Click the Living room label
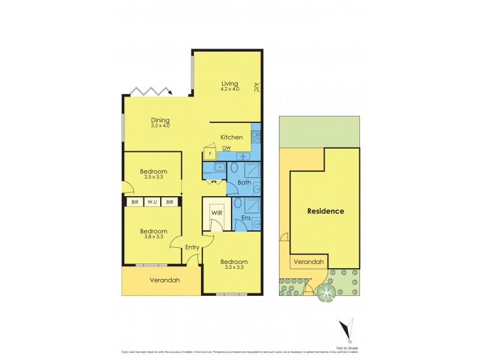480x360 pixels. coord(230,83)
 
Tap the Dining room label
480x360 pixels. coord(160,119)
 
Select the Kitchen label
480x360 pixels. coord(232,137)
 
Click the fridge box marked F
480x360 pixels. coord(210,154)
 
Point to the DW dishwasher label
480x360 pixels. coord(227,148)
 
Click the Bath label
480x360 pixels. coord(244,182)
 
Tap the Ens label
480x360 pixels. coord(245,218)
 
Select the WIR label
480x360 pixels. coord(216,212)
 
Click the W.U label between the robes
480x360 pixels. coord(152,202)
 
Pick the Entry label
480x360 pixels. coord(192,247)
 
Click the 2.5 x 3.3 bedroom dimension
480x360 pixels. coord(153,178)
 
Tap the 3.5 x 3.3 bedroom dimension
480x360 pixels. coord(233,268)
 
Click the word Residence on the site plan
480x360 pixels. coord(326,211)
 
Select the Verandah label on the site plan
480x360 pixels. coord(309,262)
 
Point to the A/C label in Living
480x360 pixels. coord(256,87)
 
